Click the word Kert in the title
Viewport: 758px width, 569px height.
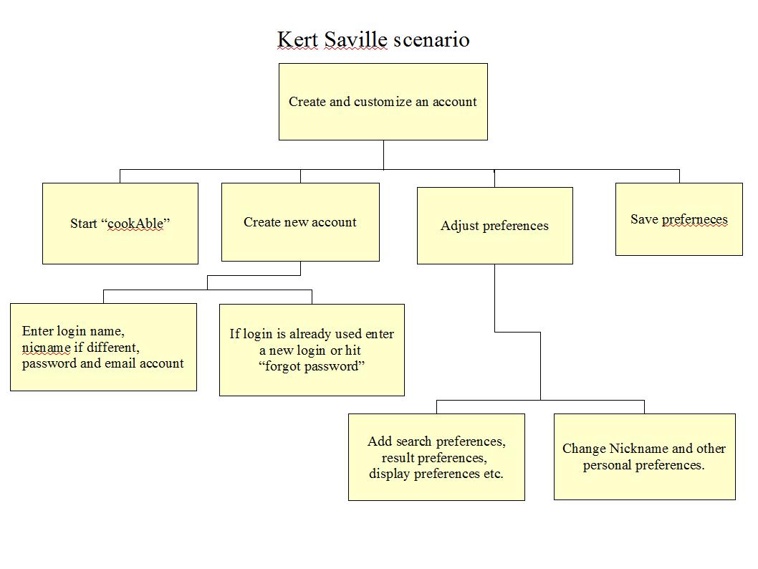point(298,39)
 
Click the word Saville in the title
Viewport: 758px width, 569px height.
point(355,39)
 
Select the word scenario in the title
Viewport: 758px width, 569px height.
point(431,39)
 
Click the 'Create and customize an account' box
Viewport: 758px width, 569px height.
point(383,102)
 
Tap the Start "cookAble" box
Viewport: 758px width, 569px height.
point(120,224)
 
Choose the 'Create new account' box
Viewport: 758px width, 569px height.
point(300,222)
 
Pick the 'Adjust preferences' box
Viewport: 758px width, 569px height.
point(494,226)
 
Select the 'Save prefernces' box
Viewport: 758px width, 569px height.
point(678,219)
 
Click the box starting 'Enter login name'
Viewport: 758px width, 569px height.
point(103,347)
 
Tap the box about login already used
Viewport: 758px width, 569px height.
point(312,350)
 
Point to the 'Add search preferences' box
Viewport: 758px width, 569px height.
point(436,456)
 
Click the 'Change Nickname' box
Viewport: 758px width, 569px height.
point(644,456)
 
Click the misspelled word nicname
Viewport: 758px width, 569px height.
point(47,348)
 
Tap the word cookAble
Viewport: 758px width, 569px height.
point(135,224)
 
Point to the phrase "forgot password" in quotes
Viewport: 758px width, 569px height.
point(312,366)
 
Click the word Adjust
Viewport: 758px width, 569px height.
point(460,226)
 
